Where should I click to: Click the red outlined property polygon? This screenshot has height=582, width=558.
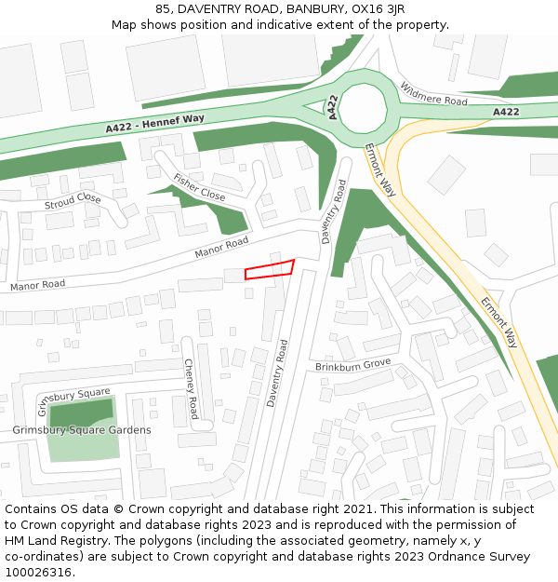270,269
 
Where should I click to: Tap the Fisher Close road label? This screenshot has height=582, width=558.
199,187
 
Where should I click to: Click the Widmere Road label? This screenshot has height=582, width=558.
433,94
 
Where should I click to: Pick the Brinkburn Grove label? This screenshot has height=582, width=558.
352,365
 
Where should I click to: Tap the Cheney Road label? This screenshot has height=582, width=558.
191,388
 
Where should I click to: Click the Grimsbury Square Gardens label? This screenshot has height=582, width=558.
82,430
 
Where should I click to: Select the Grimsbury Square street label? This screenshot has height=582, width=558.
73,401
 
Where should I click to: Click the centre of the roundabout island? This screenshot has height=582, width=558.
363,107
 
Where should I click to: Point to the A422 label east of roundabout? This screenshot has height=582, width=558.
506,112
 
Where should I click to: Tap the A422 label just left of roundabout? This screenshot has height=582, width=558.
331,107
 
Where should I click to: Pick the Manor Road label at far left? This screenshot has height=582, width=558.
38,284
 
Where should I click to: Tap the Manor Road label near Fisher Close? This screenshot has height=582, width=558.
221,248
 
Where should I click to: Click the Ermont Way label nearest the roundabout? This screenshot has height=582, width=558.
380,169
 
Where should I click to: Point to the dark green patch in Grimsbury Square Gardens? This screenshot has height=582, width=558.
82,412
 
